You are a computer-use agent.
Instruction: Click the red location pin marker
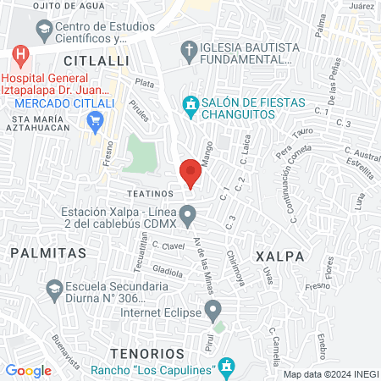coord(190,172)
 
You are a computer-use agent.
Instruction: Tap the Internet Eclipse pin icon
coord(213,307)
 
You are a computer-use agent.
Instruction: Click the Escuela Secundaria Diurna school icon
coord(55,287)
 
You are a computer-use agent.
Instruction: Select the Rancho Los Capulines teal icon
coord(226,366)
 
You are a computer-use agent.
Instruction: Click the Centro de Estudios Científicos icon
coord(42,31)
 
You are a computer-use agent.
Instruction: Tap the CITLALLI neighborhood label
coord(96,61)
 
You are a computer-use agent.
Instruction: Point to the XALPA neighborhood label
coord(278,254)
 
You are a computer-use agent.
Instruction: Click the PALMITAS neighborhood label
coord(48,252)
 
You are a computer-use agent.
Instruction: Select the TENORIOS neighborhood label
coord(146,351)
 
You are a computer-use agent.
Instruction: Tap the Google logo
coord(28,370)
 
